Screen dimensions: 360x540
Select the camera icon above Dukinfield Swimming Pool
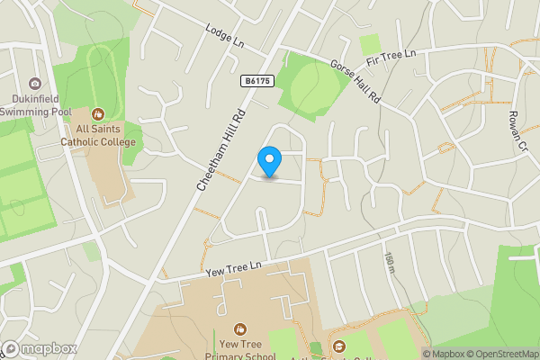(x=35, y=83)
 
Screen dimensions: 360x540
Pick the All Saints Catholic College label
(x=98, y=136)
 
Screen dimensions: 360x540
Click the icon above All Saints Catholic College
(x=98, y=114)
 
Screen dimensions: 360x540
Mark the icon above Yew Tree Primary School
(x=240, y=329)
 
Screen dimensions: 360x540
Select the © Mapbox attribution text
(x=442, y=354)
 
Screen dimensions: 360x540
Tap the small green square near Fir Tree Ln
(x=370, y=44)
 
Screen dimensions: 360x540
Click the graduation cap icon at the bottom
(x=338, y=346)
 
